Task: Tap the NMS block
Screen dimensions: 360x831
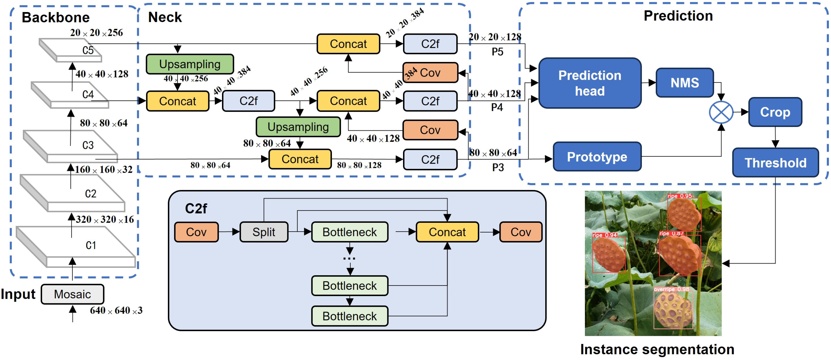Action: [x=684, y=83]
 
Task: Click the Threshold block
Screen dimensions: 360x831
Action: [x=775, y=163]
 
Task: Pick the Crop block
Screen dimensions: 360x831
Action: [x=775, y=112]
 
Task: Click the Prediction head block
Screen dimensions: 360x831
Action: [x=590, y=83]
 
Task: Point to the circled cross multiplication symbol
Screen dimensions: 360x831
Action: [x=721, y=112]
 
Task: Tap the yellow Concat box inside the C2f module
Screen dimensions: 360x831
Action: [x=447, y=232]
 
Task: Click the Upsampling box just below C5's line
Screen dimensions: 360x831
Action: [x=190, y=64]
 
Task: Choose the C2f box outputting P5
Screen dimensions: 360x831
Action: [x=430, y=44]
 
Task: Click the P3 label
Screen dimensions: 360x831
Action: [x=498, y=167]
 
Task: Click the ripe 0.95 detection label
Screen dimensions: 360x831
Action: [x=679, y=196]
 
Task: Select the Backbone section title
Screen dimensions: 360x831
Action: [x=55, y=17]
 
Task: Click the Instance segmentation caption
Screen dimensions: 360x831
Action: [x=657, y=349]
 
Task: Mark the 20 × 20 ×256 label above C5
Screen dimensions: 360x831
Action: [x=97, y=33]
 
